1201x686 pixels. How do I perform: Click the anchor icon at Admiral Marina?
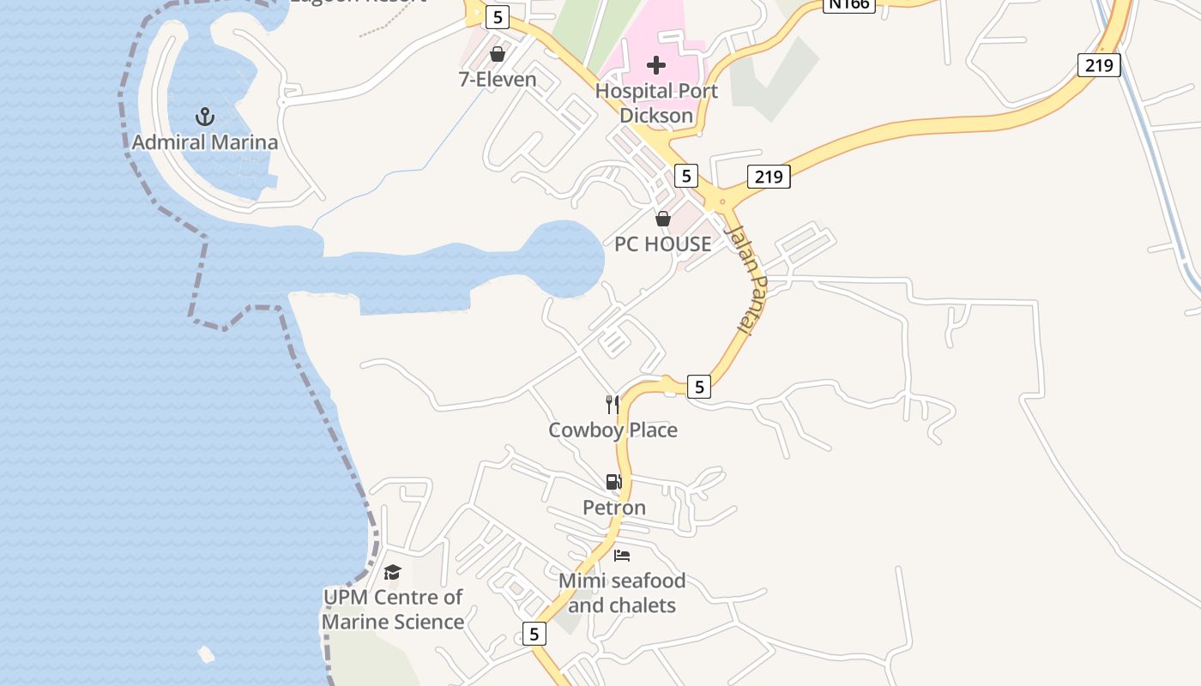204,117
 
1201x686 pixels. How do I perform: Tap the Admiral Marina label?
205,142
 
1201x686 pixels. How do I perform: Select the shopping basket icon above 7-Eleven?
497,55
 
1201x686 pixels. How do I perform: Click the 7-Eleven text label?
498,80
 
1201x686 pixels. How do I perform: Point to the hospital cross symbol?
656,65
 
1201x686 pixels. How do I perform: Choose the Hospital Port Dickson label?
656,103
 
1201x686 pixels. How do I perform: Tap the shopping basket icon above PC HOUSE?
662,219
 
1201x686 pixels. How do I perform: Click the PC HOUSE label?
663,244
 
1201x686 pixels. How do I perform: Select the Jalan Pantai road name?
745,280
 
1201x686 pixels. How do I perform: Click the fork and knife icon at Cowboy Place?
613,404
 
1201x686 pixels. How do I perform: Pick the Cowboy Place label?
613,430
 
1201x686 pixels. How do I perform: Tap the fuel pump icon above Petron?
613,482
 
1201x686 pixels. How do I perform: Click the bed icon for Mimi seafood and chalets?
622,556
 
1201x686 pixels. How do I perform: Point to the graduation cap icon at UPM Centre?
393,572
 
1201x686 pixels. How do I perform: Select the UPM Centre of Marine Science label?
393,609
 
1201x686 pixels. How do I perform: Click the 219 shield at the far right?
1099,64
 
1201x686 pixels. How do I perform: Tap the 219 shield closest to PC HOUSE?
768,177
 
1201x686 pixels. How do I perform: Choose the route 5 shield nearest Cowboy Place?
699,388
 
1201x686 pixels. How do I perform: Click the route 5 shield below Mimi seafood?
534,634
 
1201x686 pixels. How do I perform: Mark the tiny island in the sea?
206,654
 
